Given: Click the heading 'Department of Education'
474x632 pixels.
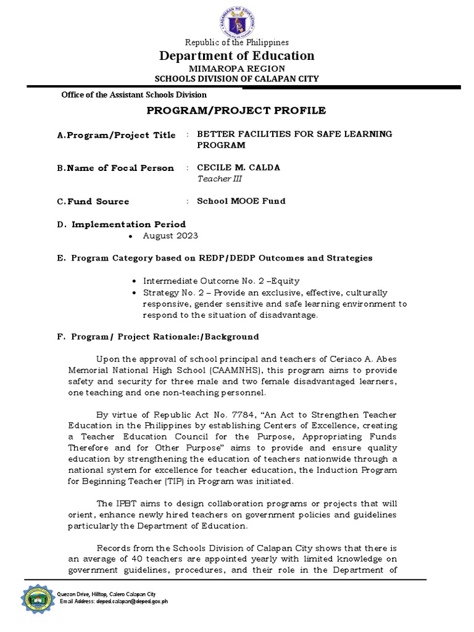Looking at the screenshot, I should [237, 56].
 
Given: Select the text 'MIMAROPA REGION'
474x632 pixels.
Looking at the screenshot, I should [237, 68].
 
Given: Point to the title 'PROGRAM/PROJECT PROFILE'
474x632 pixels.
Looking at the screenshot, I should [237, 110].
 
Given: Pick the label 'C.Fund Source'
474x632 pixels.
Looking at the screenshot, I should [93, 201].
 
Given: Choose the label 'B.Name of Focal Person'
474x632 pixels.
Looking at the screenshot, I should [114, 168].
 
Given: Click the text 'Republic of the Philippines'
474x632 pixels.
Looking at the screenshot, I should [237, 43].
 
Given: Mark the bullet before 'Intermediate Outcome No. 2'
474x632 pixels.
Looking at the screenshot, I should [134, 280].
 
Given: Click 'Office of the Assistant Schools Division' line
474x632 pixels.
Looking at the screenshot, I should [133, 95].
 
